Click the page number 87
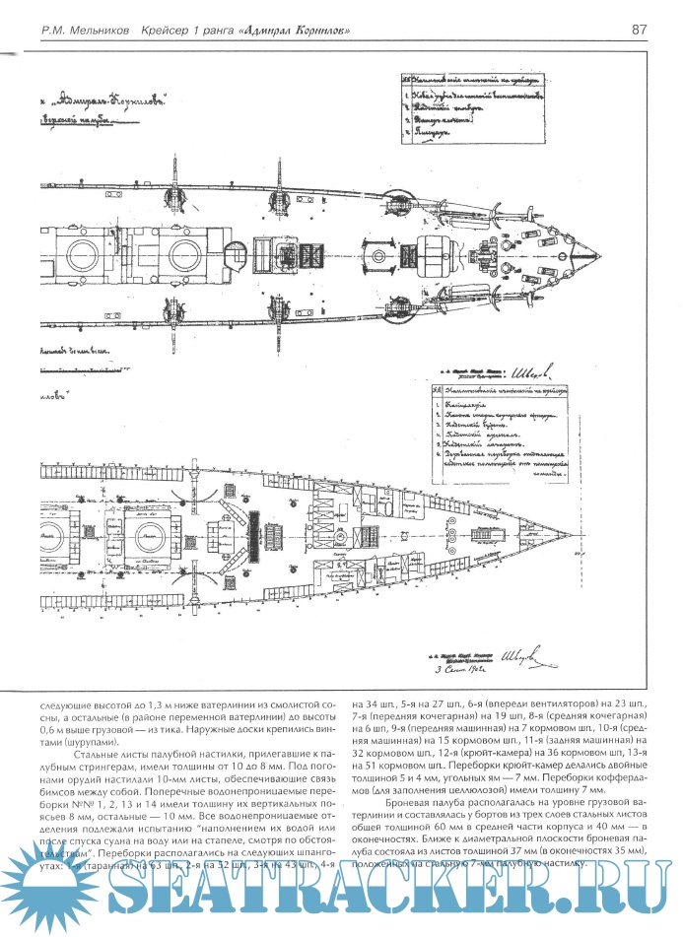coord(640,29)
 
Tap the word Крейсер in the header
coord(175,29)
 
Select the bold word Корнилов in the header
coord(314,29)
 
